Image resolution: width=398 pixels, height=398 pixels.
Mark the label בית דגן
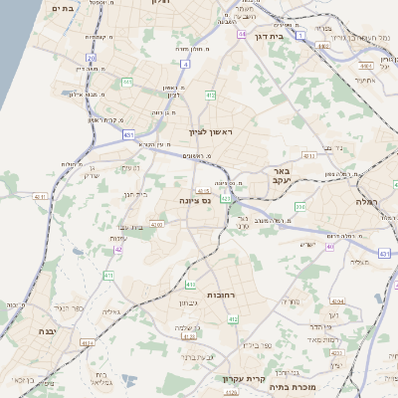(297, 35)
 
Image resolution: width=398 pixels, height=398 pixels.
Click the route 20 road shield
(92, 59)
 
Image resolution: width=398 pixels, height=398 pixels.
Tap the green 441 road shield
(126, 82)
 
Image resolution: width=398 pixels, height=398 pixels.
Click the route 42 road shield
(118, 249)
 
